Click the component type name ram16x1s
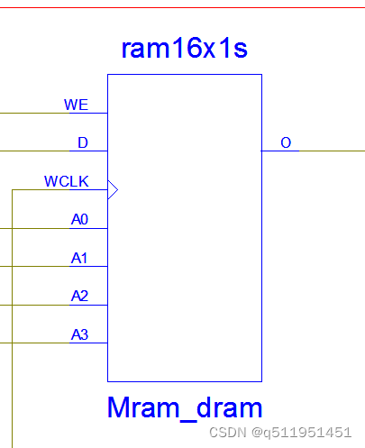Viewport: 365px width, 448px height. tap(184, 49)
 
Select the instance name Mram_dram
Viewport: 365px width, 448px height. tap(184, 407)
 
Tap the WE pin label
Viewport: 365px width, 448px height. tap(76, 105)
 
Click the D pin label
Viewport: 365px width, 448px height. tap(83, 142)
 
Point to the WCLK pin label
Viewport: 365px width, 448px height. tap(67, 181)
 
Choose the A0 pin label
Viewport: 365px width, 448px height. tap(79, 219)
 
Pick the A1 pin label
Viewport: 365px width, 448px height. tap(79, 258)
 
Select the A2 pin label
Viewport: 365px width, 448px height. tap(79, 296)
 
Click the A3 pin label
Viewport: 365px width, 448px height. tap(79, 334)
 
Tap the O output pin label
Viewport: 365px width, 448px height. tap(286, 142)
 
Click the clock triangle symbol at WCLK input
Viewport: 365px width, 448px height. tap(113, 189)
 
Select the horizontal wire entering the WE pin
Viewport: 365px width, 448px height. tap(36, 114)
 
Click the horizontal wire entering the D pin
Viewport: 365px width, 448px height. tap(36, 151)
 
